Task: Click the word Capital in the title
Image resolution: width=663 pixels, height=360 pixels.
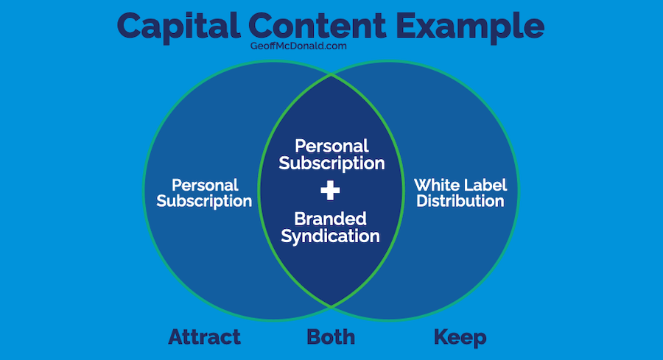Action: tap(178, 27)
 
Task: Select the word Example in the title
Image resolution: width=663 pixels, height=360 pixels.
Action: tap(470, 27)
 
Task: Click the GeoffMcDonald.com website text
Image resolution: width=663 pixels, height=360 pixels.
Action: tap(298, 46)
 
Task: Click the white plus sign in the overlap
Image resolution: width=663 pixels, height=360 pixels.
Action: tap(330, 191)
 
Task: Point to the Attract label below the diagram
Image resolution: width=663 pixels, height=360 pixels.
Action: tap(204, 337)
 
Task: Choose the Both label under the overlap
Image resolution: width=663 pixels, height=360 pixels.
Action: tap(331, 337)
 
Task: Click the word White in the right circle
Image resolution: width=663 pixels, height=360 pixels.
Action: tap(437, 185)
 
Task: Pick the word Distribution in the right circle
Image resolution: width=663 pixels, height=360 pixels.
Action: tap(460, 201)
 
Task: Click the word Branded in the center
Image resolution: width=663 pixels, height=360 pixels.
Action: tap(330, 219)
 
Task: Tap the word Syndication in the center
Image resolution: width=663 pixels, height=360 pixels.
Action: tap(330, 236)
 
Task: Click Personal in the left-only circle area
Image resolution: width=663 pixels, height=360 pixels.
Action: tap(205, 185)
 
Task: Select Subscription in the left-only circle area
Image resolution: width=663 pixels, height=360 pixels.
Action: tap(204, 202)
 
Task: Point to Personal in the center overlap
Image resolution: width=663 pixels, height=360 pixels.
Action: tap(332, 147)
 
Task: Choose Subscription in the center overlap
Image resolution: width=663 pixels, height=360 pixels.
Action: tap(332, 164)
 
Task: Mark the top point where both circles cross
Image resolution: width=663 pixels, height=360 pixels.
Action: tap(331, 75)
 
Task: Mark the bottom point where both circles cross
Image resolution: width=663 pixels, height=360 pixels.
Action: tap(331, 306)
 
